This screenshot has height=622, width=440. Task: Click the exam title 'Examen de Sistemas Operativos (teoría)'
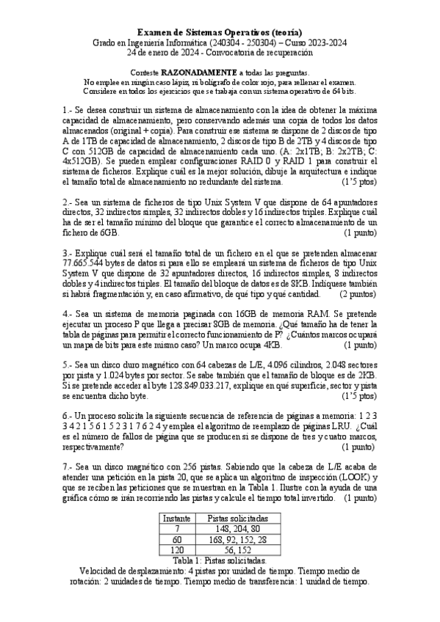(x=220, y=32)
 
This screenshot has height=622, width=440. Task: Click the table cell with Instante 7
(x=176, y=528)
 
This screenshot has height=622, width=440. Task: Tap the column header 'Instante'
(x=176, y=518)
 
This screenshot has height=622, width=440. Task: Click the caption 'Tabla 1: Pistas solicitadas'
(x=220, y=559)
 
